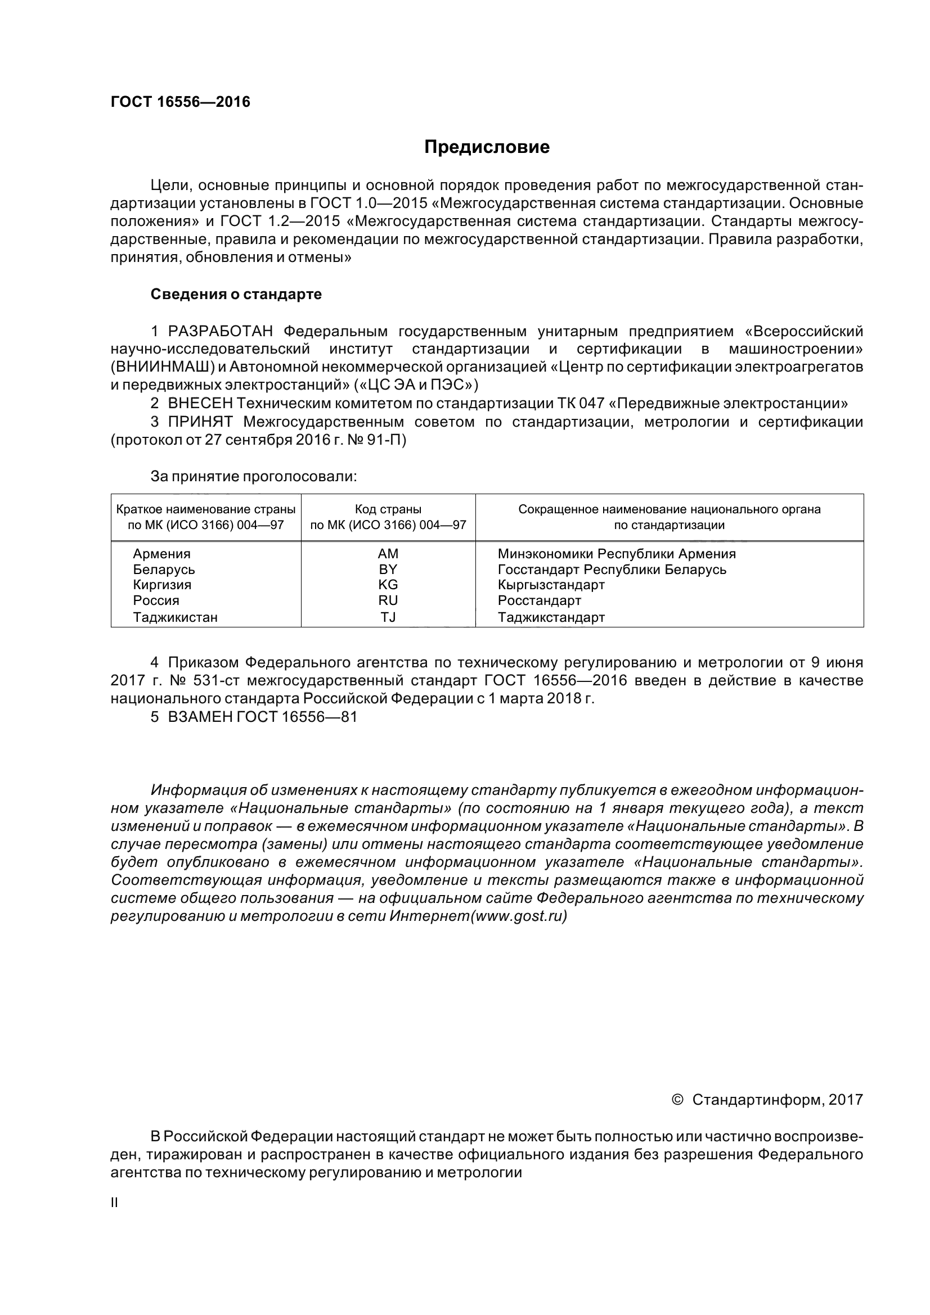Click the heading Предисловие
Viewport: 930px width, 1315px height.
(487, 147)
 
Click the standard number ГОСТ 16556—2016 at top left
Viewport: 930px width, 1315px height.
(181, 102)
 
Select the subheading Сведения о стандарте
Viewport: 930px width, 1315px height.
(236, 295)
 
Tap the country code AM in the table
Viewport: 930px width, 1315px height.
(388, 554)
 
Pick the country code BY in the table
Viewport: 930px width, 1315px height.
(388, 570)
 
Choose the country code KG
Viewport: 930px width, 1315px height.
(388, 585)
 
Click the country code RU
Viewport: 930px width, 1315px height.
(388, 600)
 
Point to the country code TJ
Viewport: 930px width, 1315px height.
(388, 617)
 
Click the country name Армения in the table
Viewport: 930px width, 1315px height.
(161, 554)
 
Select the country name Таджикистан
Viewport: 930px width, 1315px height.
(176, 617)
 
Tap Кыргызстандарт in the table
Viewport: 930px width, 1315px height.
(551, 585)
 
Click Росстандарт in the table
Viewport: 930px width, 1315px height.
(539, 600)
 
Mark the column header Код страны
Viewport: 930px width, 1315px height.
(388, 509)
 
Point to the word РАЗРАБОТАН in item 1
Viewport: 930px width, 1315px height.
(220, 331)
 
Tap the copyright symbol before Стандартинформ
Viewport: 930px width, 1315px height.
(677, 1100)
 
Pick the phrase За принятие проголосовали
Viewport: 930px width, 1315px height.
(253, 477)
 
